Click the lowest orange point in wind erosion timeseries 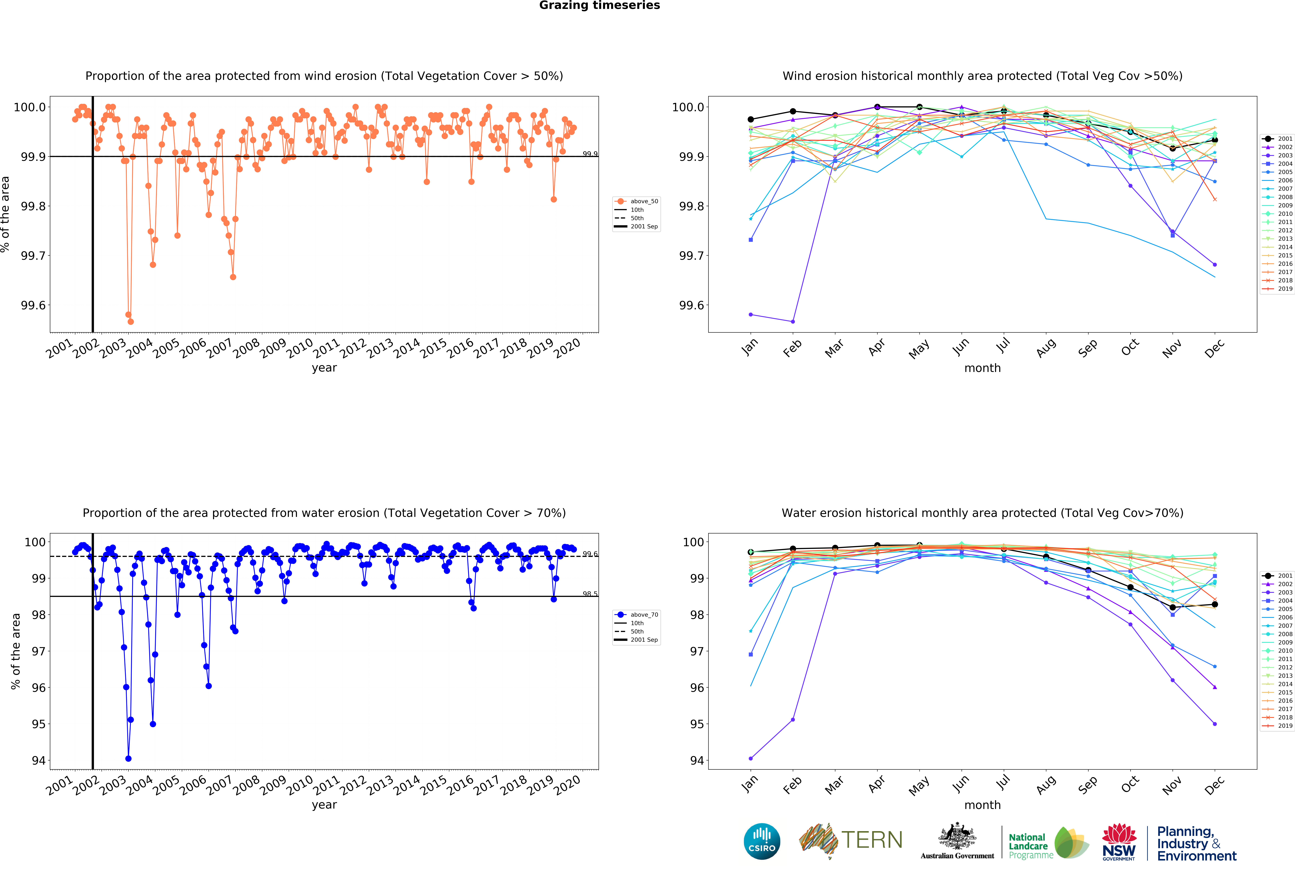130,322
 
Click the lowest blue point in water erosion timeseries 128,759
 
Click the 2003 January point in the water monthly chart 751,759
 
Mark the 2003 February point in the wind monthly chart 793,322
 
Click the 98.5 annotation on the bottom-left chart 589,594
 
